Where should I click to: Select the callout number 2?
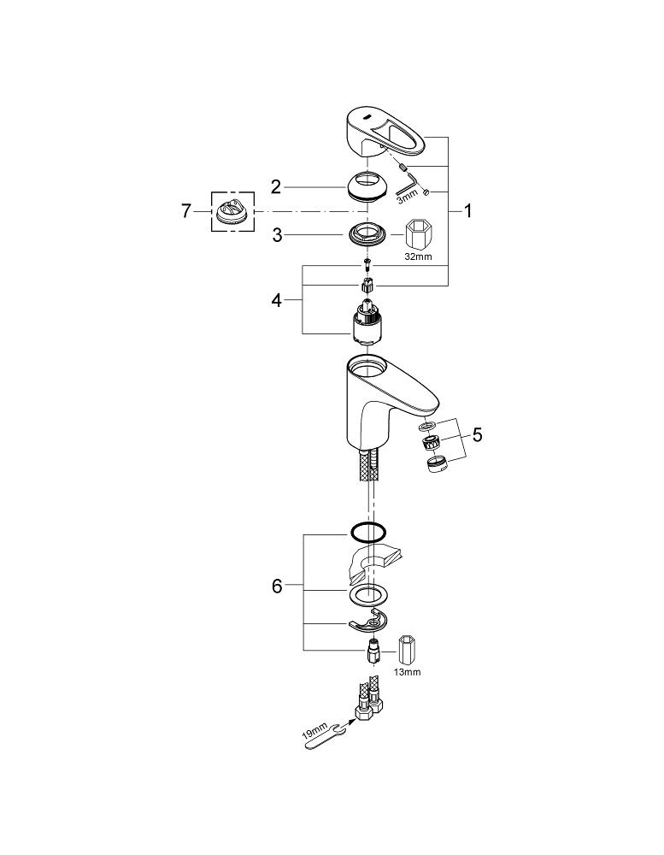(276, 187)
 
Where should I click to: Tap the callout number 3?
(276, 236)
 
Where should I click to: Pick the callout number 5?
(477, 435)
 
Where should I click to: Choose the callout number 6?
(276, 587)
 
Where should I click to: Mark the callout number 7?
(186, 211)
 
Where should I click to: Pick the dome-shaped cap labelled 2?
(370, 187)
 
